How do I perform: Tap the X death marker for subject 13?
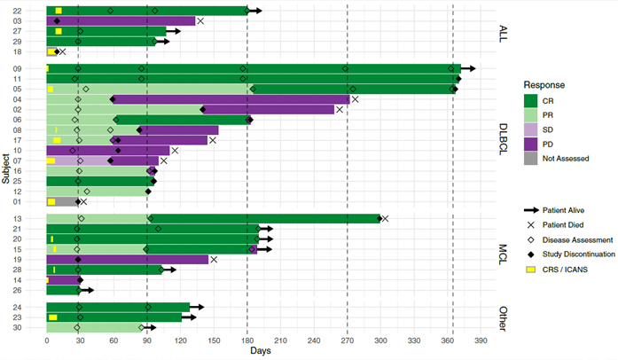click(x=385, y=218)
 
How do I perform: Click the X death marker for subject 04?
click(x=356, y=99)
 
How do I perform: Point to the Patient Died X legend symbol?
click(x=531, y=224)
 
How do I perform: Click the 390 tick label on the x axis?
click(x=481, y=340)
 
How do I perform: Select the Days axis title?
click(x=261, y=352)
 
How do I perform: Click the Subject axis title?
click(x=7, y=168)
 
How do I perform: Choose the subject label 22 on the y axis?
click(x=30, y=11)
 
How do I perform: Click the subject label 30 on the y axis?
click(x=30, y=328)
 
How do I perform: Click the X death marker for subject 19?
click(x=214, y=259)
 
